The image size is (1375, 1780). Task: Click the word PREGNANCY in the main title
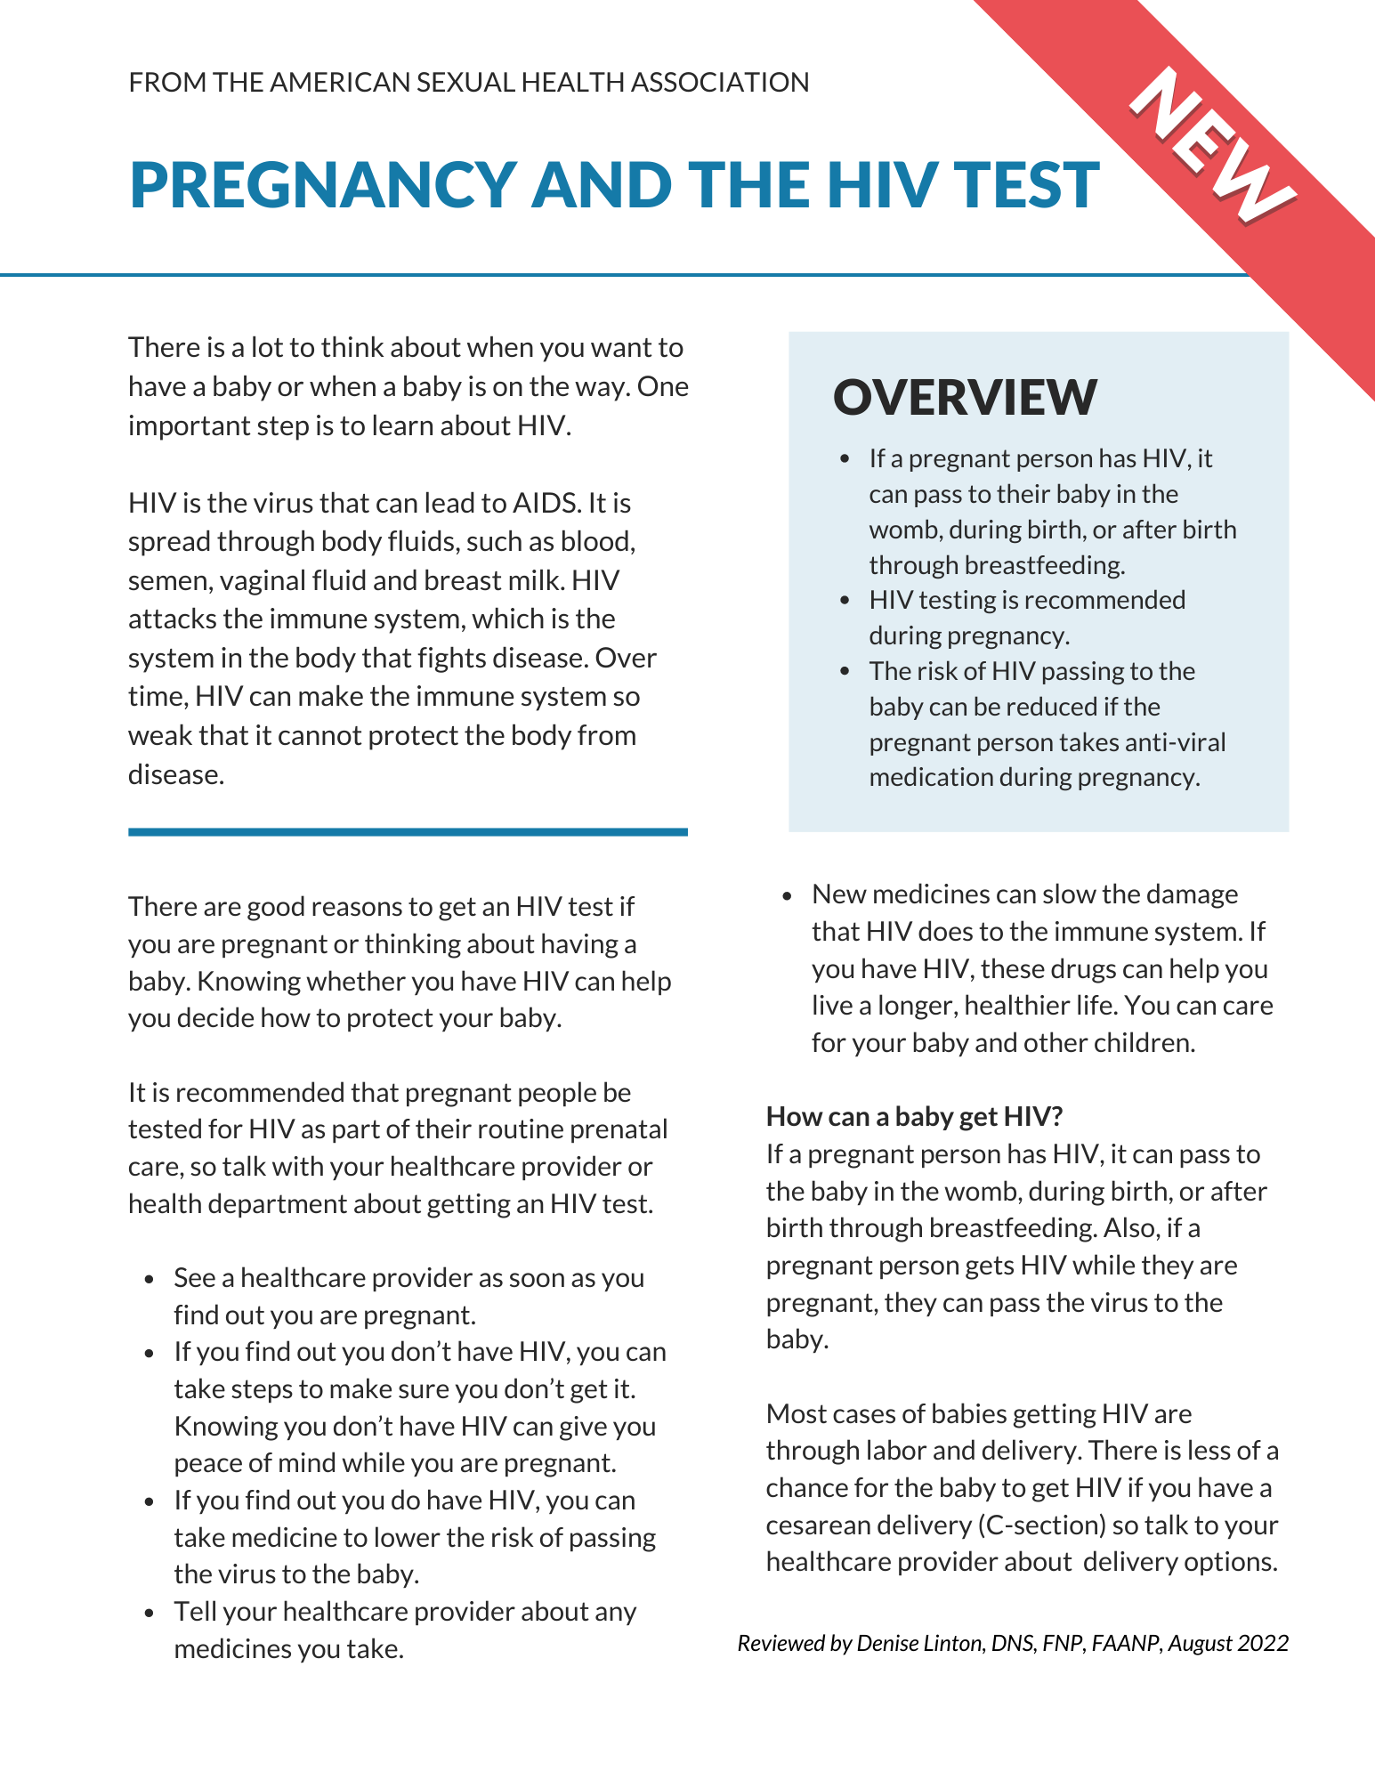point(323,186)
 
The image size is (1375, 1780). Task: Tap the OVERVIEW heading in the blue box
point(965,397)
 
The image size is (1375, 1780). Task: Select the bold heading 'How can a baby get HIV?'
point(915,1116)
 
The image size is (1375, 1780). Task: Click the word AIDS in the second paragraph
point(545,504)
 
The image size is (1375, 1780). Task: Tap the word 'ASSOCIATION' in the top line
point(720,83)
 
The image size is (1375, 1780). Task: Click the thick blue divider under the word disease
point(408,832)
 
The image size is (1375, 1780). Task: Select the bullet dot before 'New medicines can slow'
point(787,895)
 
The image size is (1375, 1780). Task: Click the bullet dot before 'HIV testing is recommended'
point(845,601)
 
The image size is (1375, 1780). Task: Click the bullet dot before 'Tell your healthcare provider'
point(150,1613)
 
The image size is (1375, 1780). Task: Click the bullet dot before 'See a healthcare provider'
point(150,1279)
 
